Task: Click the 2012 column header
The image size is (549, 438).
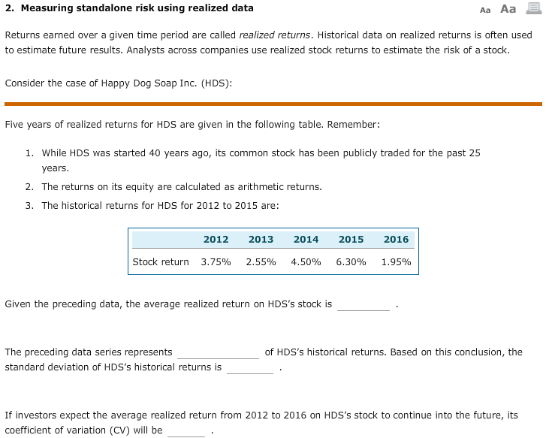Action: [216, 240]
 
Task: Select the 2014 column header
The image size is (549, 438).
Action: [306, 240]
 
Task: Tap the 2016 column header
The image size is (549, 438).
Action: [396, 240]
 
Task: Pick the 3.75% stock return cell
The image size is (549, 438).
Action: [216, 262]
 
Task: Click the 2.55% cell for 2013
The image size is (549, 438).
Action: [261, 262]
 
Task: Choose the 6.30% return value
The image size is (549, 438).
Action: [351, 262]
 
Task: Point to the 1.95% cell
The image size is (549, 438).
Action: [396, 262]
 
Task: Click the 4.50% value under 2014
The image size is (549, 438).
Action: [306, 262]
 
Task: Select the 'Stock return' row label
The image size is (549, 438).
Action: [161, 262]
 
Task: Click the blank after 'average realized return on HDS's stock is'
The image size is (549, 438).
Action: [363, 305]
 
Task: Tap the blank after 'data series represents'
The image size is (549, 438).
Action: [218, 352]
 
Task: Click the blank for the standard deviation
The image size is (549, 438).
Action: [250, 367]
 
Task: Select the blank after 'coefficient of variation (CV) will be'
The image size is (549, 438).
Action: [186, 430]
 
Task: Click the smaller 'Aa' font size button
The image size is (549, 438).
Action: [484, 10]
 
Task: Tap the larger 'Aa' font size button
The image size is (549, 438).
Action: [508, 9]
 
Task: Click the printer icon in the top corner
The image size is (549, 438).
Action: [534, 9]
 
